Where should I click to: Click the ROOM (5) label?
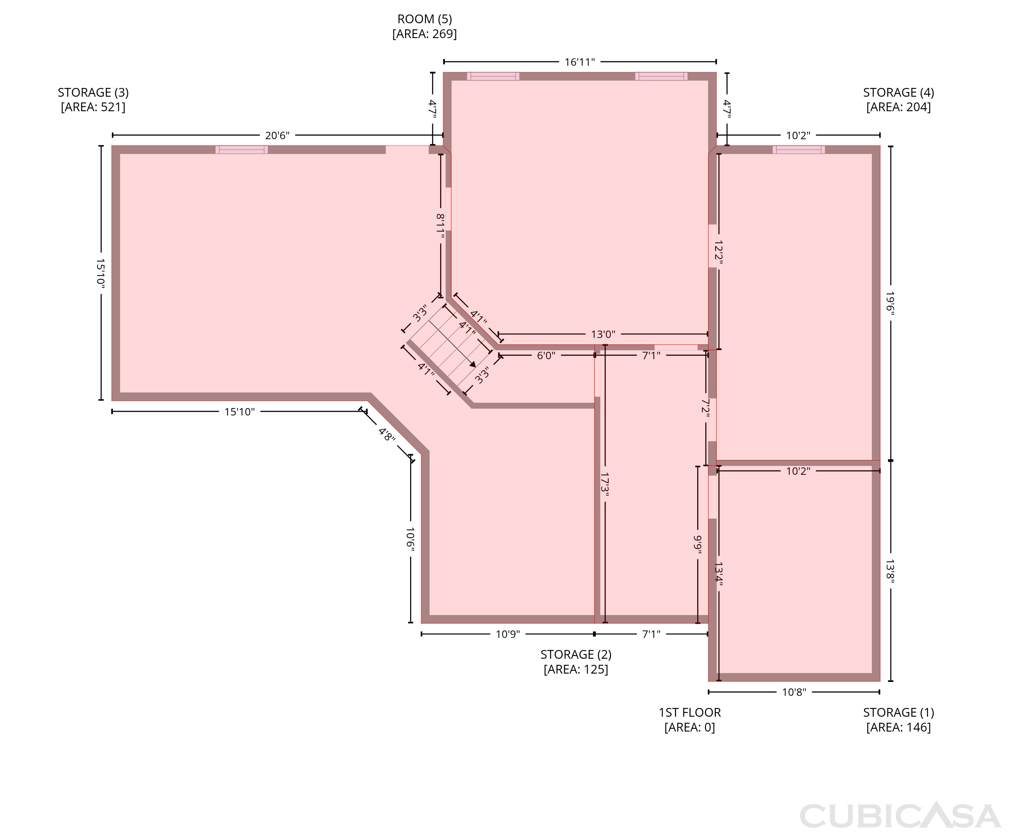click(424, 19)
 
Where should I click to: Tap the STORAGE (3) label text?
click(93, 92)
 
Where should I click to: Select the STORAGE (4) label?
click(898, 92)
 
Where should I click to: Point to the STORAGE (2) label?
click(576, 655)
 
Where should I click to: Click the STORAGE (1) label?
click(898, 712)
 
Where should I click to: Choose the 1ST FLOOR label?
click(690, 712)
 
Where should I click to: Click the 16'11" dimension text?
click(580, 62)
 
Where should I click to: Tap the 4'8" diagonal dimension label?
click(387, 435)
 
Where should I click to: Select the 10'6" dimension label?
click(410, 539)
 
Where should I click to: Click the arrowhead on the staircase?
click(473, 364)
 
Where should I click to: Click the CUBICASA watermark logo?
click(900, 816)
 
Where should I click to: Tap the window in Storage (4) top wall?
click(799, 150)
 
